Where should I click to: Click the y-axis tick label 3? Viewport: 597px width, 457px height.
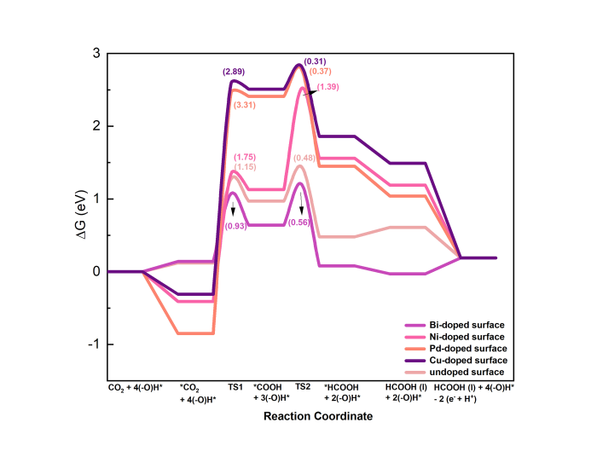96,54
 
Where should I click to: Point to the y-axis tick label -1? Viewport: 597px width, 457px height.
94,344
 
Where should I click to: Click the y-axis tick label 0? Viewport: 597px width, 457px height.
96,272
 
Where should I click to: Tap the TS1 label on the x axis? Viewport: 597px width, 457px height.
235,387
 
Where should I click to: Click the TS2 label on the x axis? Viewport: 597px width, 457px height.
303,387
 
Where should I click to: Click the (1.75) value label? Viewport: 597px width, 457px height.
245,157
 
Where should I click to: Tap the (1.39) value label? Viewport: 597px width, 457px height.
330,89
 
